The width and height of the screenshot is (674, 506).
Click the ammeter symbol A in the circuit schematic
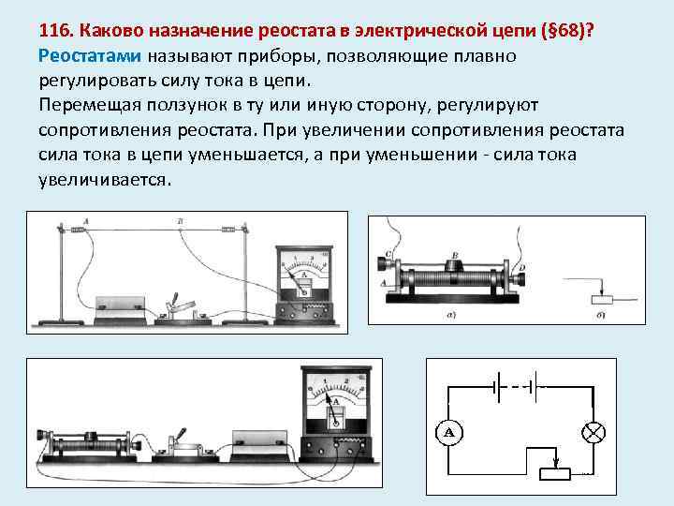pos(448,432)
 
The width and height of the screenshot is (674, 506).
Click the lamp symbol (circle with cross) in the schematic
pos(593,432)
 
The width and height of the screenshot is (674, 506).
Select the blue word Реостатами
pos(89,56)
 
